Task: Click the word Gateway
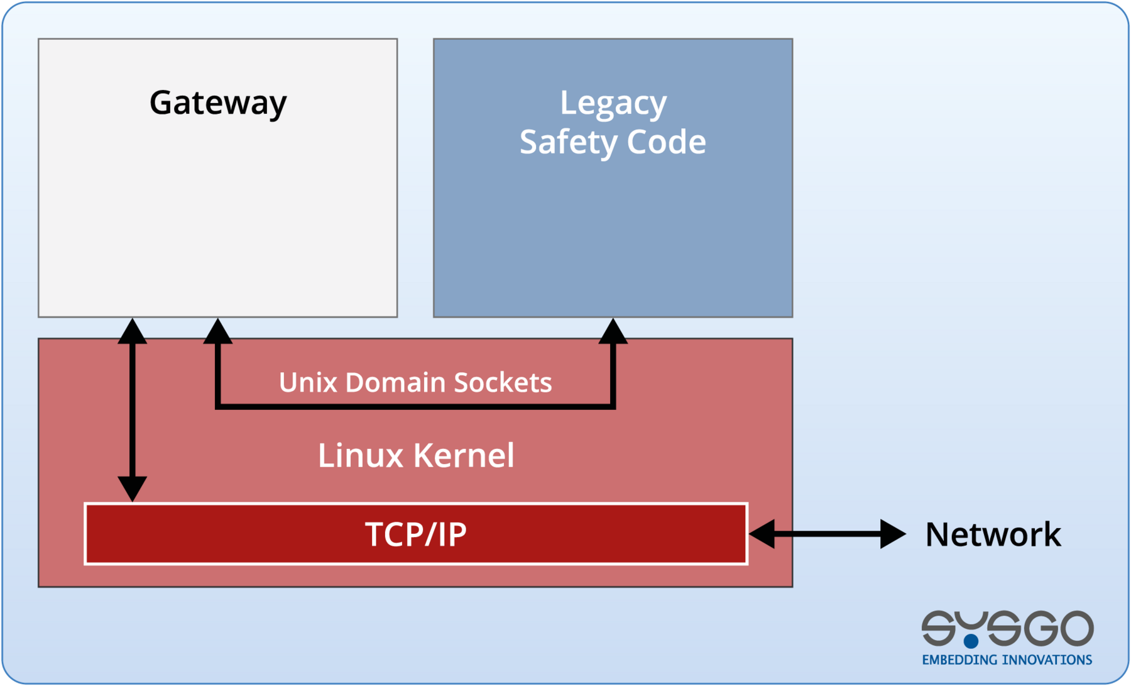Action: point(218,102)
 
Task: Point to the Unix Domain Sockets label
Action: point(415,382)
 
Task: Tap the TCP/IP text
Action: point(415,534)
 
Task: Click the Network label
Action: point(993,534)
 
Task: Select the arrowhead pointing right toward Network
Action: point(892,534)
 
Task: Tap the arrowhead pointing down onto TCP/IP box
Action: point(133,489)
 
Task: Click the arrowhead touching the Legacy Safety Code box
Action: point(613,331)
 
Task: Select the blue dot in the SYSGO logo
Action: point(971,641)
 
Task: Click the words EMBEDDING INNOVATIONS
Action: point(1007,660)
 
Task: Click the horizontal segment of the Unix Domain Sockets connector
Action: point(415,407)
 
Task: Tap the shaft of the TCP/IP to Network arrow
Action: point(826,534)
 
